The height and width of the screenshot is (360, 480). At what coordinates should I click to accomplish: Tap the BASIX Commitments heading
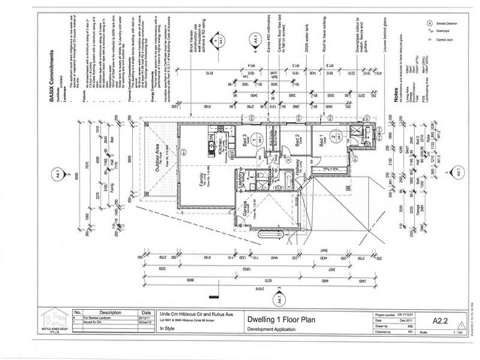point(52,78)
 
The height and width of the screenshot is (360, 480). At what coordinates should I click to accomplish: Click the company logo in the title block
point(55,320)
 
